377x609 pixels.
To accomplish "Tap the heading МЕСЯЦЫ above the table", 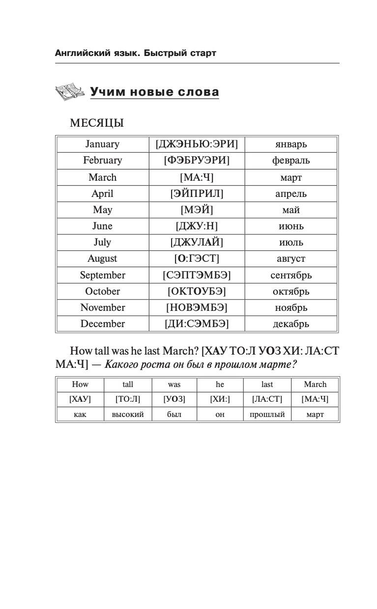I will [97, 123].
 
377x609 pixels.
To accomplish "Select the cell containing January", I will [102, 144].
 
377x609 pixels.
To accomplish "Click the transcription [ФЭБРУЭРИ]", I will [197, 161].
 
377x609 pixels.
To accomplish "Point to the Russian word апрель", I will [291, 194].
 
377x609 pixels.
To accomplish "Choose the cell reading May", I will [102, 210].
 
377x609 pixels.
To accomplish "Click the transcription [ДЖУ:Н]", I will [197, 226].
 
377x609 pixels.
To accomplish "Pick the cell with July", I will [102, 242].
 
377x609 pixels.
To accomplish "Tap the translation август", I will [291, 258].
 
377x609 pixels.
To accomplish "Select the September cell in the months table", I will [102, 275].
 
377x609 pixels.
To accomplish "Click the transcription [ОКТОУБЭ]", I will [197, 291].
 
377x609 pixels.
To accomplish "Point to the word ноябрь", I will [291, 307].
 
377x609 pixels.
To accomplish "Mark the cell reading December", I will [102, 324].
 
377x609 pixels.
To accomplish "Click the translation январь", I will [291, 144].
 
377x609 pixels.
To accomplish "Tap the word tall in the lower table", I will [128, 385].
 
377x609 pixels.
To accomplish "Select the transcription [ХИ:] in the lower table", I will [220, 399].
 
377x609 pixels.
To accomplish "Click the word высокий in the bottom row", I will [128, 415].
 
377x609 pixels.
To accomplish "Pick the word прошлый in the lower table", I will [267, 415].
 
